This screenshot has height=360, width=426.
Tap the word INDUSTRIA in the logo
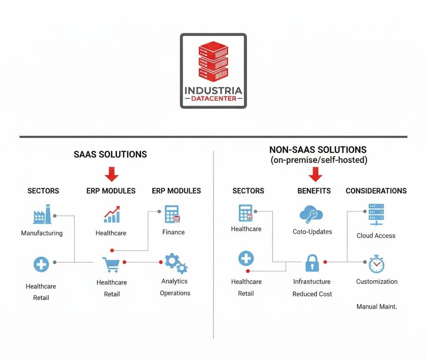tap(213, 90)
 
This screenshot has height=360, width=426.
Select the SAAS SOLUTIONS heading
tap(110, 154)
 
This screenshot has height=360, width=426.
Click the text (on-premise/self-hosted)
tap(318, 160)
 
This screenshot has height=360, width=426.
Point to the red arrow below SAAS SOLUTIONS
tap(111, 174)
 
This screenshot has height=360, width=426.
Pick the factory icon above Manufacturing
tap(42, 214)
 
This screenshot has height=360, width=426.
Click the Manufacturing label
tap(42, 233)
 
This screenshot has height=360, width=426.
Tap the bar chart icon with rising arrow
tap(111, 214)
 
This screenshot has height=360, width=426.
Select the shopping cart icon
tap(111, 264)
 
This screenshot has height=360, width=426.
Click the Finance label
tap(173, 232)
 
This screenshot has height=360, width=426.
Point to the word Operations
tap(175, 293)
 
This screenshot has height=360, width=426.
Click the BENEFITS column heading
tap(314, 191)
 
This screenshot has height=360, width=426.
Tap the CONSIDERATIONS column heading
tap(376, 191)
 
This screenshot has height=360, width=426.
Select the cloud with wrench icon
tap(311, 215)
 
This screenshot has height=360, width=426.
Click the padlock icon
tap(312, 263)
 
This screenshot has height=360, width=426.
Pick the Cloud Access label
tap(376, 236)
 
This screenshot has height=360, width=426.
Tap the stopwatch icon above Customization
tap(376, 264)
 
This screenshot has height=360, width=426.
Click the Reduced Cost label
tap(312, 294)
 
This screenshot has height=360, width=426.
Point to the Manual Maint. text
tap(377, 307)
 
